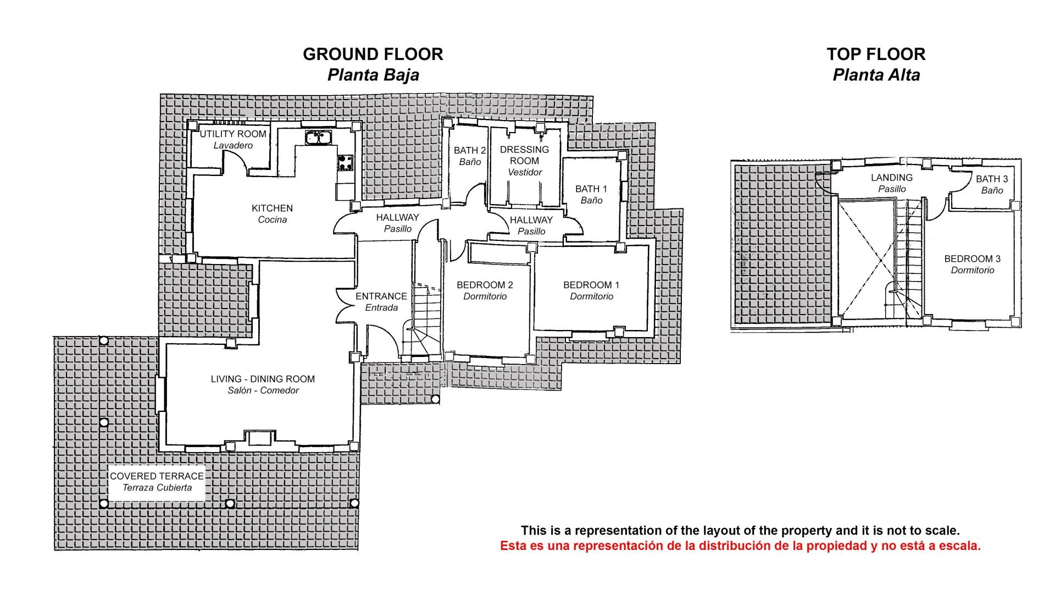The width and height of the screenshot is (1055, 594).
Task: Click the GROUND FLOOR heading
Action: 373,54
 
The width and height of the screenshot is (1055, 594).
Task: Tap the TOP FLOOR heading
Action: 876,54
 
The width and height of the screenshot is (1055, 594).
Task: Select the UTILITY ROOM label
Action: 233,134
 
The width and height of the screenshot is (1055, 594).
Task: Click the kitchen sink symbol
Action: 316,137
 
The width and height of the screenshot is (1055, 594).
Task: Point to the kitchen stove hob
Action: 346,162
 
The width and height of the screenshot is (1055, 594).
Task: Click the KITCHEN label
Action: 272,208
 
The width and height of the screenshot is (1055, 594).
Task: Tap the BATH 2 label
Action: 470,151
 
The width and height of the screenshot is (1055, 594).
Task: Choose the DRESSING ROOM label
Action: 524,155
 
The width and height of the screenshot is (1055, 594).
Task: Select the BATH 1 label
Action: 591,189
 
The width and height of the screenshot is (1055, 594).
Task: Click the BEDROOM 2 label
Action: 485,285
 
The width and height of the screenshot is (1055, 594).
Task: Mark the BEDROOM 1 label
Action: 591,285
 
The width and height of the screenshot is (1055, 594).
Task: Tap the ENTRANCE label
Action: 381,296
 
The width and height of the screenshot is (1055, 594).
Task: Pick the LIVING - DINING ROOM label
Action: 263,379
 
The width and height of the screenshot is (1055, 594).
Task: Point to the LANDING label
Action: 892,178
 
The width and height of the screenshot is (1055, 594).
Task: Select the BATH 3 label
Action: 992,179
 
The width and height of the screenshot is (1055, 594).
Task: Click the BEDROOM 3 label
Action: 973,258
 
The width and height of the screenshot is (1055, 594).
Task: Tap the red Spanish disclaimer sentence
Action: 740,546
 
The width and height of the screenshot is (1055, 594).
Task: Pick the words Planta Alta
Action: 876,75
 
